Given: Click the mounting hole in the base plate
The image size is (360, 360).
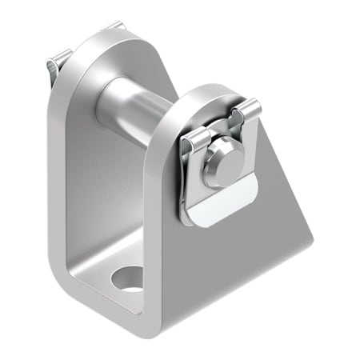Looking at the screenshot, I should [127, 278].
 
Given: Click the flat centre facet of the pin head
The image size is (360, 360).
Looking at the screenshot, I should [218, 165].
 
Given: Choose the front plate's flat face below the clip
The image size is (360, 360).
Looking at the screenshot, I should [232, 256].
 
